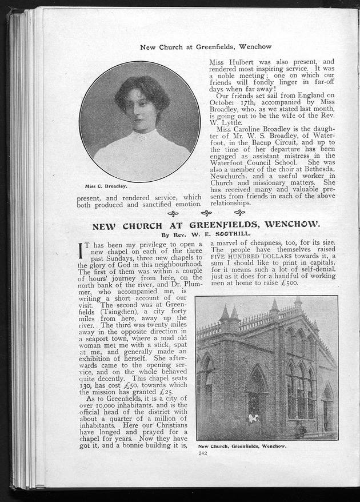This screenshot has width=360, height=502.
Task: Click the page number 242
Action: (x=202, y=453)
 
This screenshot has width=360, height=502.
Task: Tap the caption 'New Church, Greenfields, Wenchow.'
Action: (x=242, y=446)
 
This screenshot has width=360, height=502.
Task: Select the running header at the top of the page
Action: (x=206, y=46)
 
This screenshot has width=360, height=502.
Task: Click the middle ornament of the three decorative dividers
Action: (x=206, y=213)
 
